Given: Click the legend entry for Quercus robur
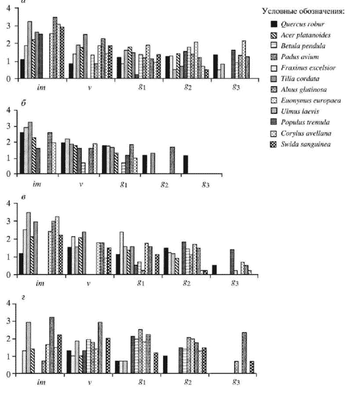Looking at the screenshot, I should click(304, 24).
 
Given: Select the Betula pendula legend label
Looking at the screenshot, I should click(305, 46).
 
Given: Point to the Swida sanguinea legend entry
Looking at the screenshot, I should click(307, 144).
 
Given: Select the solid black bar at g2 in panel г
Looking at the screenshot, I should click(165, 364).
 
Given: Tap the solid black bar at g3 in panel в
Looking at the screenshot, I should click(214, 270).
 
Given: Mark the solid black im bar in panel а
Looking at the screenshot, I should click(22, 69).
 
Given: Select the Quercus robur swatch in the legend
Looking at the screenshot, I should click(274, 24).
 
